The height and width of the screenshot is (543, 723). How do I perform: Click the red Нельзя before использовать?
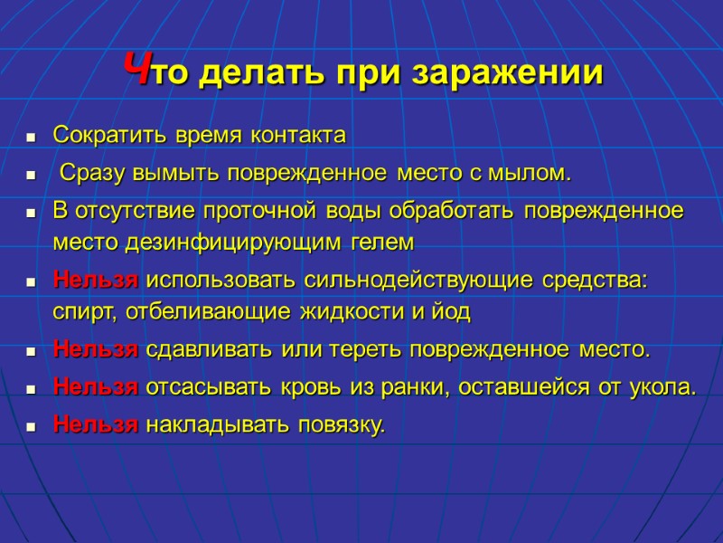point(97,280)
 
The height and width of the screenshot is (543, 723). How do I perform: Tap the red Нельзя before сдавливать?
point(97,348)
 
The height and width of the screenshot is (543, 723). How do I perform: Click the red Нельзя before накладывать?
point(97,424)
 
